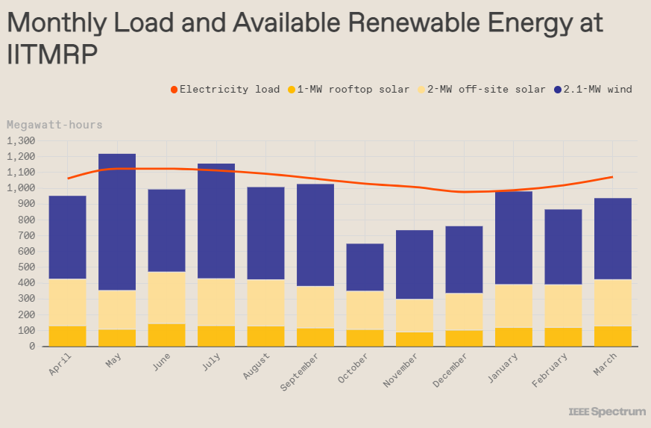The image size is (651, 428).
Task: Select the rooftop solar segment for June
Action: pos(166,335)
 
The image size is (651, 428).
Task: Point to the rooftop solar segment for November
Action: pos(414,339)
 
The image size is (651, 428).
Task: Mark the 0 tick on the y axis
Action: pos(32,347)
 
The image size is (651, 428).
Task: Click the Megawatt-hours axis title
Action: pos(54,125)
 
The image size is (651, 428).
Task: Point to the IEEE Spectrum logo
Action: pos(607,412)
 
